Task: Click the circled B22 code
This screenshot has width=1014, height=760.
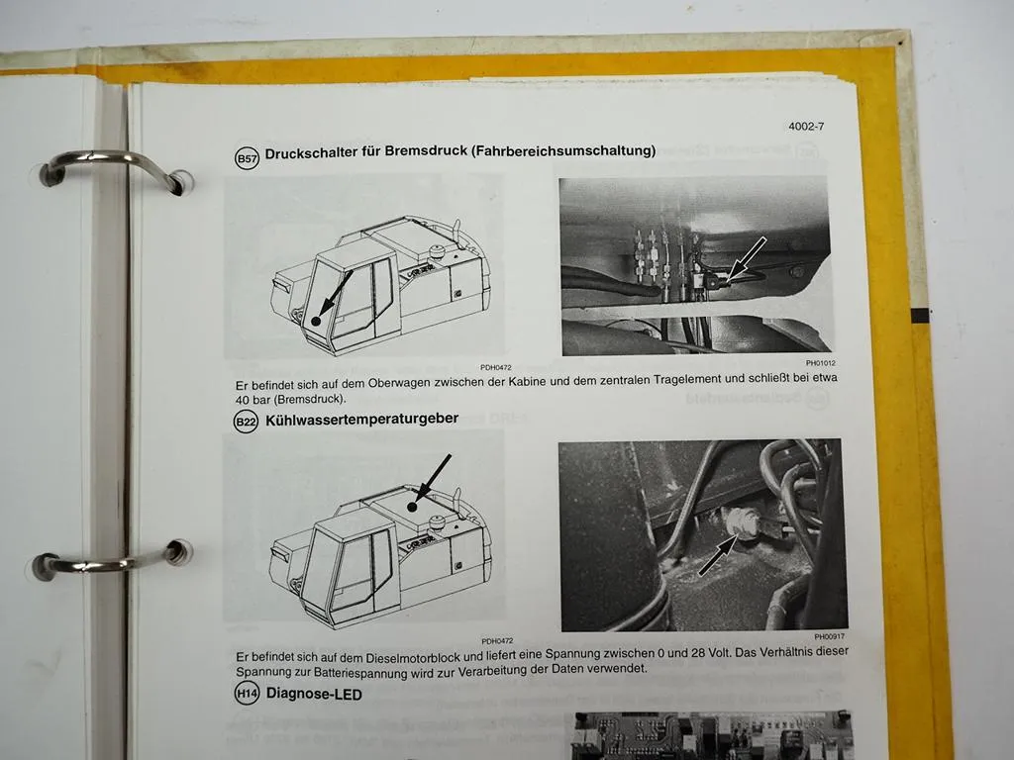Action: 245,422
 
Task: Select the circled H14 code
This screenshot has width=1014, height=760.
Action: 246,696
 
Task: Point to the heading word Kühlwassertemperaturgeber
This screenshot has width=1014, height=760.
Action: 362,419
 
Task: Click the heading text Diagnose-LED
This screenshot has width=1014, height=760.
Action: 314,695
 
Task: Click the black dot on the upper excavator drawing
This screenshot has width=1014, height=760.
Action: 315,322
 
